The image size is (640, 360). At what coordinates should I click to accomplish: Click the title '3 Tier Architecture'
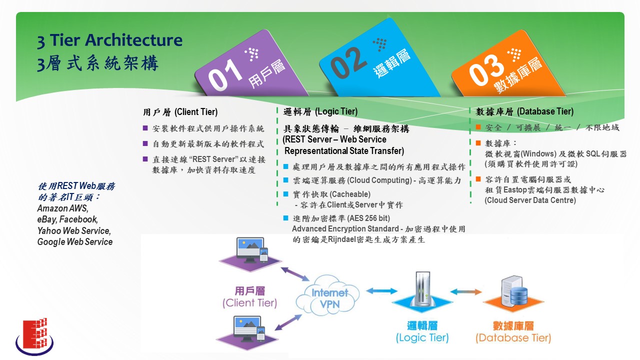click(x=109, y=40)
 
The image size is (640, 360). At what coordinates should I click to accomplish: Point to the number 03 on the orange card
click(x=486, y=70)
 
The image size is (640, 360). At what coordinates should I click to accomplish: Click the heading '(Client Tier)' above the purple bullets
click(x=196, y=112)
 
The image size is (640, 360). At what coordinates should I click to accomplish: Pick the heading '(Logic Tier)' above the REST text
click(x=336, y=111)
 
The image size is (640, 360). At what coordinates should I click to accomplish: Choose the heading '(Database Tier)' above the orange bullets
click(x=545, y=111)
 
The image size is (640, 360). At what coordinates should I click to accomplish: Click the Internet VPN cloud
click(x=327, y=295)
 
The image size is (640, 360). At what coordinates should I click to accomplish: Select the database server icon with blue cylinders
click(x=514, y=291)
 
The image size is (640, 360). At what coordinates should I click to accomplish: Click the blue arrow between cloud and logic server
click(x=381, y=291)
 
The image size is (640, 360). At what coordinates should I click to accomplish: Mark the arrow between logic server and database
click(x=466, y=291)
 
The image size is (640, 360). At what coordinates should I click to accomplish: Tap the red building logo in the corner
click(x=35, y=336)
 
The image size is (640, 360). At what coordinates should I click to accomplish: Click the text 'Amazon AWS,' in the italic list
click(x=63, y=208)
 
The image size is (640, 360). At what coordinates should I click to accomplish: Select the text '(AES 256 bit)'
click(x=369, y=218)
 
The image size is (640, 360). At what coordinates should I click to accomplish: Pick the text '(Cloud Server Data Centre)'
click(x=530, y=200)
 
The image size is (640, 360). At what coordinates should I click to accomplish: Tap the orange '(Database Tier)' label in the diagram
click(x=513, y=338)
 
